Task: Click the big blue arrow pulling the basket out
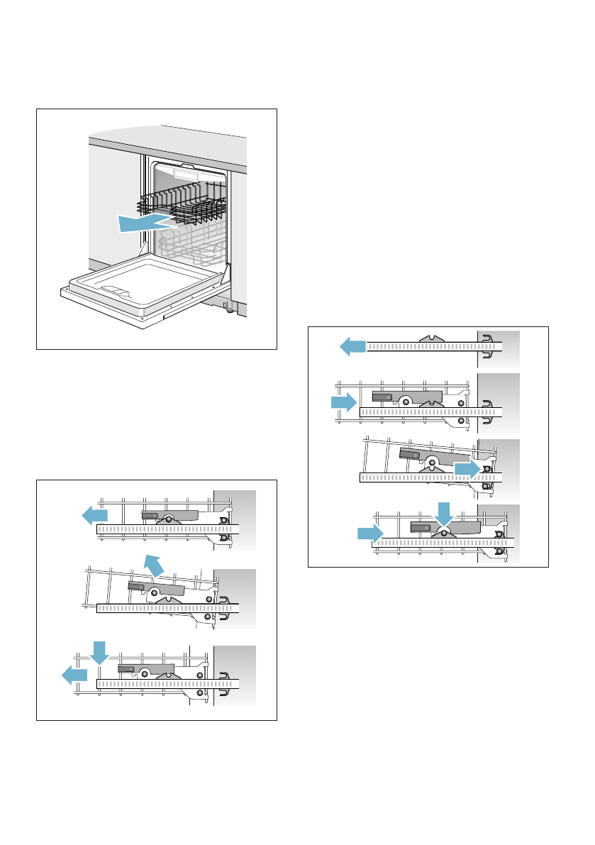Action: coord(142,224)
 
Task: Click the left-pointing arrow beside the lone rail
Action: coord(352,346)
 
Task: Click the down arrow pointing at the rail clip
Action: coord(443,514)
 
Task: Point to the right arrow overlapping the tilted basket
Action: coord(468,469)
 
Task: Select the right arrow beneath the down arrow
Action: coord(369,533)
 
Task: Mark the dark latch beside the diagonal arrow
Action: coord(137,585)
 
